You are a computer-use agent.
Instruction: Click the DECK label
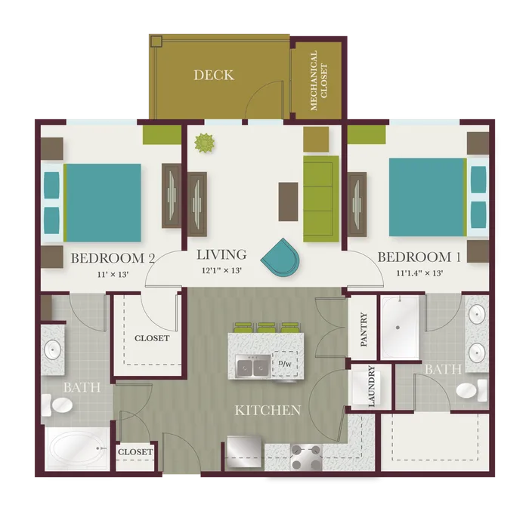(214, 75)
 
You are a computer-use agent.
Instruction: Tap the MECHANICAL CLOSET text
(318, 81)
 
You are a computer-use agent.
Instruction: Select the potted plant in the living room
(204, 143)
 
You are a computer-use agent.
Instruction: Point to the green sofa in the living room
(321, 199)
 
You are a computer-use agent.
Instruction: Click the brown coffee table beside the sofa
(288, 202)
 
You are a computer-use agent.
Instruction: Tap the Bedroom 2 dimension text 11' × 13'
(113, 275)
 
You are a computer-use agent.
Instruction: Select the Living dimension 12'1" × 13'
(222, 270)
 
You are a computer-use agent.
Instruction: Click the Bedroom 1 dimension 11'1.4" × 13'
(419, 272)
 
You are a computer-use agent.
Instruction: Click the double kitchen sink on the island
(253, 366)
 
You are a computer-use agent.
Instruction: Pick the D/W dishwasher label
(285, 364)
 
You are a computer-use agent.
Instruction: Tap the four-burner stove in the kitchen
(306, 457)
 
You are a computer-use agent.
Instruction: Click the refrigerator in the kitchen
(244, 451)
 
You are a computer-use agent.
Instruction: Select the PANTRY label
(363, 330)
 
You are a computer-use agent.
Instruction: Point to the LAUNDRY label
(372, 386)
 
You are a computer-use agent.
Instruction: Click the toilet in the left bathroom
(57, 405)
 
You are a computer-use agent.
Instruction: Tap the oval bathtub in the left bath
(76, 448)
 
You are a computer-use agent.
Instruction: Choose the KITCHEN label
(268, 410)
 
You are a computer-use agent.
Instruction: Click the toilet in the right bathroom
(472, 390)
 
